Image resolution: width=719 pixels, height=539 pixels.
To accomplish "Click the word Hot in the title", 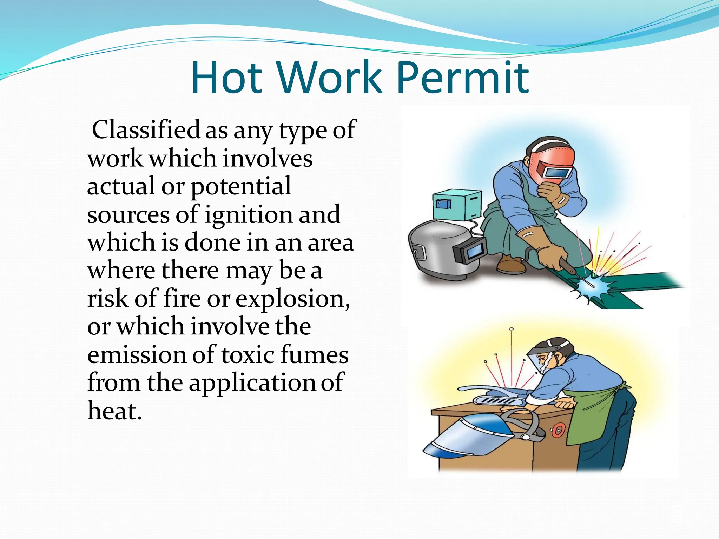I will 226,78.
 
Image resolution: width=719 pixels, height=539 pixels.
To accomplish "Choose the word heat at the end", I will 114,411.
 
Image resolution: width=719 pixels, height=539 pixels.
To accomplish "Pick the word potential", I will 240,186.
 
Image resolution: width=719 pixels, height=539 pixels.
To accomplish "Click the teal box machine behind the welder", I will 456,205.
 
